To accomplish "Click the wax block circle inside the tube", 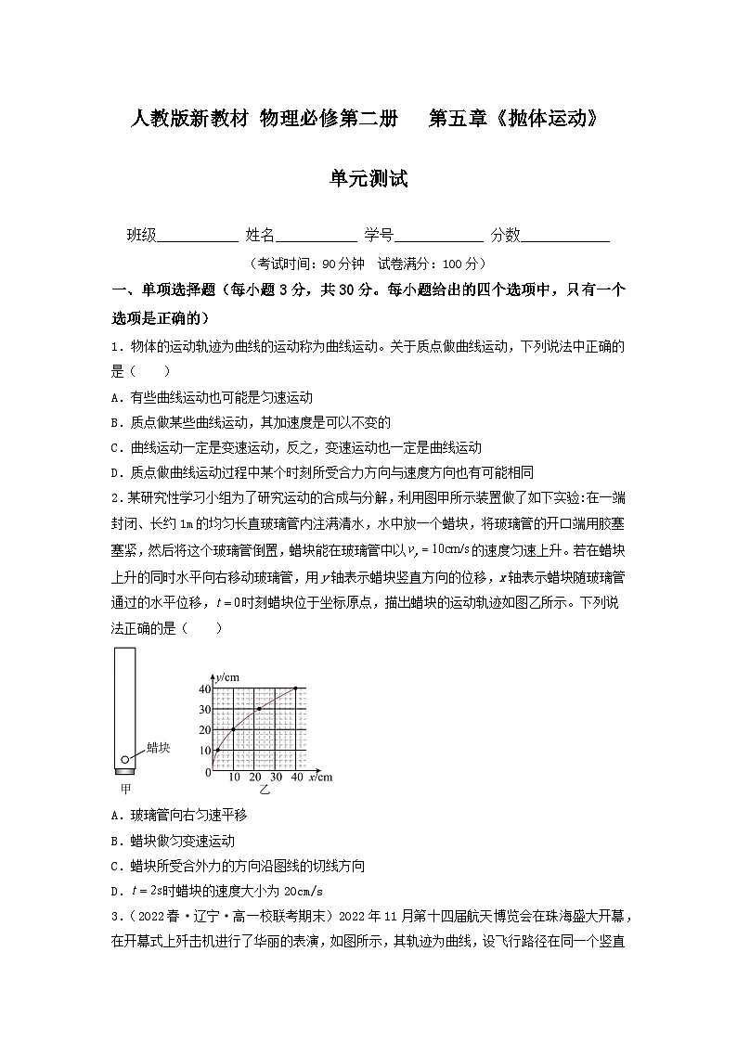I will (125, 758).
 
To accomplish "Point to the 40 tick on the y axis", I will (205, 688).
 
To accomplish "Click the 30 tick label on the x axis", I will (276, 778).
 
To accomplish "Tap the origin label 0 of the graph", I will (207, 773).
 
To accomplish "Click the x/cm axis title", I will (320, 778).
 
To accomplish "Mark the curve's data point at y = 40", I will (296, 688).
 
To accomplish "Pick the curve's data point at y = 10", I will (217, 750).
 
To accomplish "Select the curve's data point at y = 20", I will (233, 729).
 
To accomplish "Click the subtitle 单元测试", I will (368, 179).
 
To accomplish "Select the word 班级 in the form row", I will (141, 236).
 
